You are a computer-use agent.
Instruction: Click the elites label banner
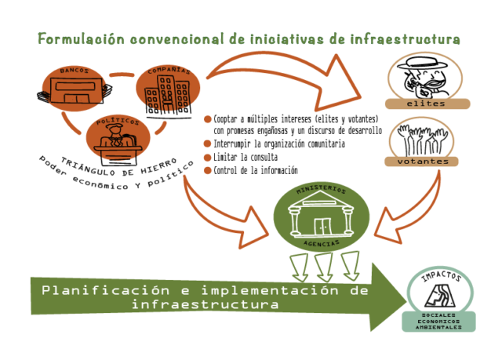tap(427, 103)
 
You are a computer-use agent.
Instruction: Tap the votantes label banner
tap(427, 162)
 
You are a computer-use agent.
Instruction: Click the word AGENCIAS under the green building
tap(321, 244)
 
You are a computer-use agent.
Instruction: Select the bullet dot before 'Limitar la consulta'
tap(208, 158)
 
